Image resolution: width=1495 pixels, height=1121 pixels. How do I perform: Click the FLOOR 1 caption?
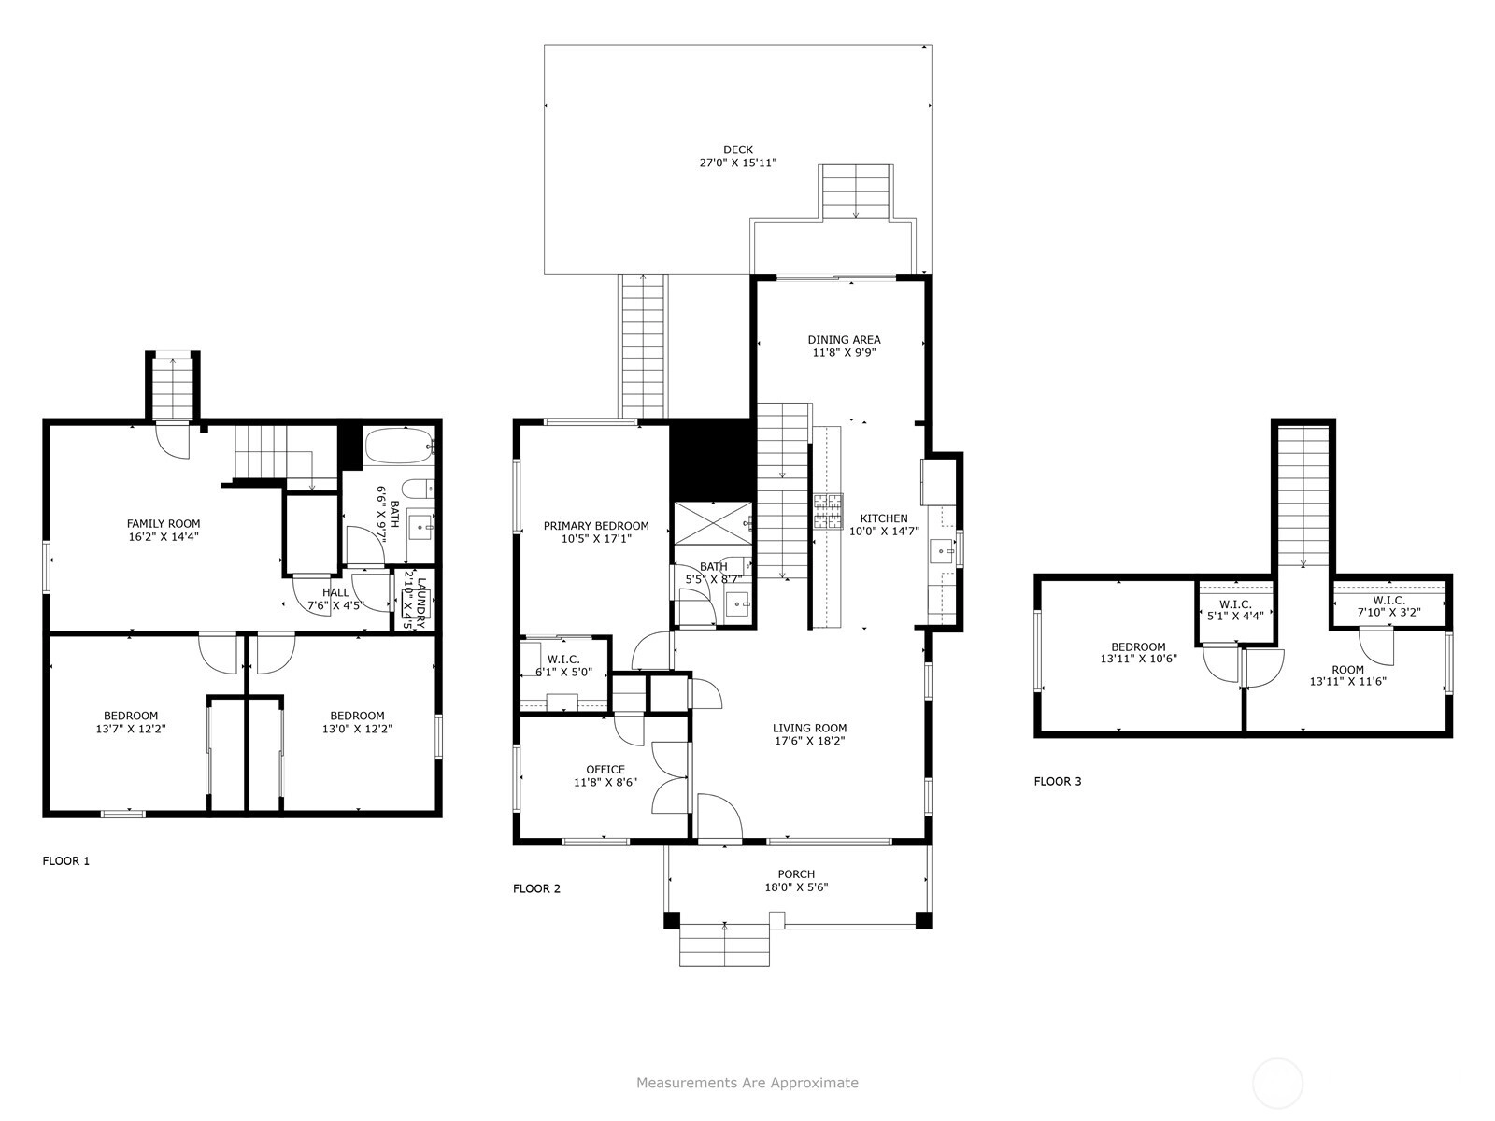66,861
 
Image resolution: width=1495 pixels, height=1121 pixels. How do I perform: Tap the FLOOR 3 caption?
1058,781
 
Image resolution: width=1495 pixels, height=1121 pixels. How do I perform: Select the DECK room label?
738,149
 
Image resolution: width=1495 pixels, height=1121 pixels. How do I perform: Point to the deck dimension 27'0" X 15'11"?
738,163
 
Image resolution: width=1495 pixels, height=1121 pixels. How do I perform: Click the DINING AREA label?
844,340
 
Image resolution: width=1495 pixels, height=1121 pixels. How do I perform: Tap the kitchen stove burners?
828,512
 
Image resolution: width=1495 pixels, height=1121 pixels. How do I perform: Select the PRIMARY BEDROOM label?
596,526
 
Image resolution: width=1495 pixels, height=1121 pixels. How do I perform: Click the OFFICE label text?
605,770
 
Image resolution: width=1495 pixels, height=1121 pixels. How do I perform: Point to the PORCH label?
796,874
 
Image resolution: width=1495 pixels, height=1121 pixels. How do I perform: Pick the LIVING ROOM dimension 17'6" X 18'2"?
810,741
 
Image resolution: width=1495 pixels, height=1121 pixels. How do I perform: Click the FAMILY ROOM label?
164,523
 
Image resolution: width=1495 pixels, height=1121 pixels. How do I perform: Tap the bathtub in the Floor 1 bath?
398,447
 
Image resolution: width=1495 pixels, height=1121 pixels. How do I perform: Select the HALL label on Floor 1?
335,593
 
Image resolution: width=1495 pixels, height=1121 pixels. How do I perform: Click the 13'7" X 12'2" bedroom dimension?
131,729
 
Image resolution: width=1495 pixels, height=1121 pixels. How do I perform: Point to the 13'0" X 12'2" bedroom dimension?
358,729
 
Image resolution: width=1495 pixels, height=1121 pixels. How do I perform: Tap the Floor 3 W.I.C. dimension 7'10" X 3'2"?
1388,613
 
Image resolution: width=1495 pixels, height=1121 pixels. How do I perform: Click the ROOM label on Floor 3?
1348,670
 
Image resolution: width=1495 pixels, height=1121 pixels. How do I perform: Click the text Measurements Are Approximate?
747,1083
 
